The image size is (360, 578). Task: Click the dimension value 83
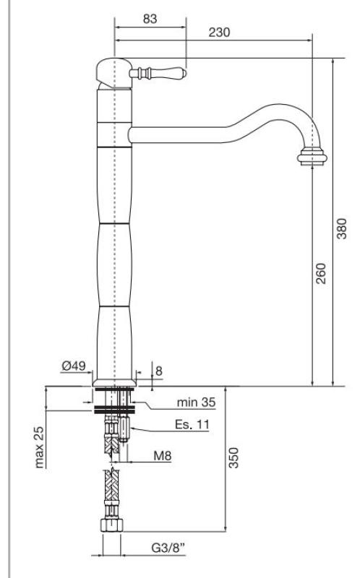150,20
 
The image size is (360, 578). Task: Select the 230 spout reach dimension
220,33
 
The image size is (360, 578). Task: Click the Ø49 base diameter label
74,367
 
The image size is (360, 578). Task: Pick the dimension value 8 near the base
159,371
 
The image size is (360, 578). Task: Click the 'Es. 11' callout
192,425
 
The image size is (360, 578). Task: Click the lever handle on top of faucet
159,73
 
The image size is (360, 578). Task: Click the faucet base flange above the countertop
115,381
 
